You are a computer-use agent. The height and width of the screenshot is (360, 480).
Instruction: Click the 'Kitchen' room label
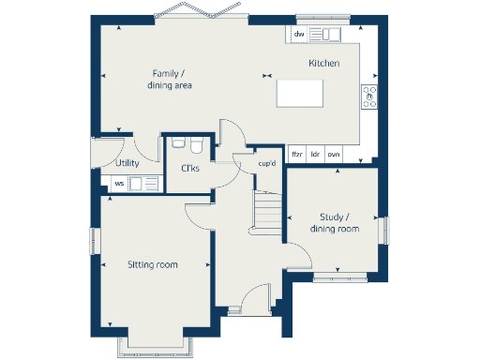point(324,63)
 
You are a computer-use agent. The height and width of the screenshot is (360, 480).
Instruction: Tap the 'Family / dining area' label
point(170,80)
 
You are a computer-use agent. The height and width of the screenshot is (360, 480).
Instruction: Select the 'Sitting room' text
point(153,265)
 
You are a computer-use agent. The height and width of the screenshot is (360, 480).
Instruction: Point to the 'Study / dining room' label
point(335,223)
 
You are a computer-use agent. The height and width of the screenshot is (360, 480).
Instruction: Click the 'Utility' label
point(127,163)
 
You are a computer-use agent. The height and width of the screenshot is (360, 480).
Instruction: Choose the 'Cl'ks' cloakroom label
point(190,168)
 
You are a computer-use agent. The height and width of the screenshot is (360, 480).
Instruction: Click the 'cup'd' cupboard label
point(268,164)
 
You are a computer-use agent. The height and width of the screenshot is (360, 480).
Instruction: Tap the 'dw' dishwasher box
point(299,35)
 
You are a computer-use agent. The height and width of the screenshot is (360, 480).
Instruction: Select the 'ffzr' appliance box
point(297,153)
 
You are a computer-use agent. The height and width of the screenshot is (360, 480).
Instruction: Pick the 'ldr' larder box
point(316,153)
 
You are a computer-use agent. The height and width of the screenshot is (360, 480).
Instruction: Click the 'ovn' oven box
point(334,153)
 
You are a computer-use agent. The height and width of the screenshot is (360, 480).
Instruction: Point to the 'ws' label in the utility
point(119,184)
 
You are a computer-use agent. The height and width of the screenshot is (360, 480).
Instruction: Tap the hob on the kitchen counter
point(368,96)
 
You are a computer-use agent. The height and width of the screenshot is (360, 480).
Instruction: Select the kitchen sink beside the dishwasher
point(327,35)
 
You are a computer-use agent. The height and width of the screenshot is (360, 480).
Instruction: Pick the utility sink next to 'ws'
point(142,184)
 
